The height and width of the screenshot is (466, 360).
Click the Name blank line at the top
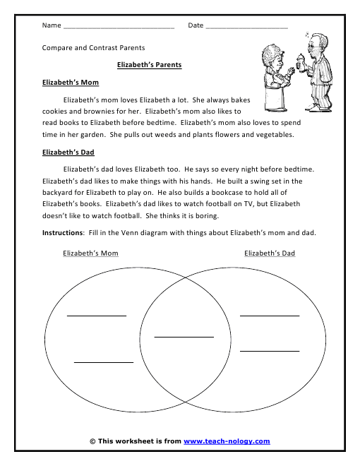click(119, 28)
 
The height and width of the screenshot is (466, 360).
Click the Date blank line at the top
click(247, 28)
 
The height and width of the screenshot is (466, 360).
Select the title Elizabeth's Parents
click(149, 65)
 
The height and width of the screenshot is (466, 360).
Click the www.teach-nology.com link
click(227, 441)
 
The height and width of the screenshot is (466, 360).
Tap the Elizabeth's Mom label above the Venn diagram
click(90, 253)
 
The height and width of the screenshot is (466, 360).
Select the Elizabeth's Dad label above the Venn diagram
click(270, 253)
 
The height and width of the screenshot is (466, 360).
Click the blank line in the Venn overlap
click(184, 337)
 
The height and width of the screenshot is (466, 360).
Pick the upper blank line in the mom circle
click(97, 315)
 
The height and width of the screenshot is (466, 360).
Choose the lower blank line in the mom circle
click(104, 362)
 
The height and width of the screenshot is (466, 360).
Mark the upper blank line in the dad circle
click(270, 315)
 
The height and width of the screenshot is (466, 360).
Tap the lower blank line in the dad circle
click(270, 350)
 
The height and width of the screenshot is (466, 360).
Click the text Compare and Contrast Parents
click(93, 48)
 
